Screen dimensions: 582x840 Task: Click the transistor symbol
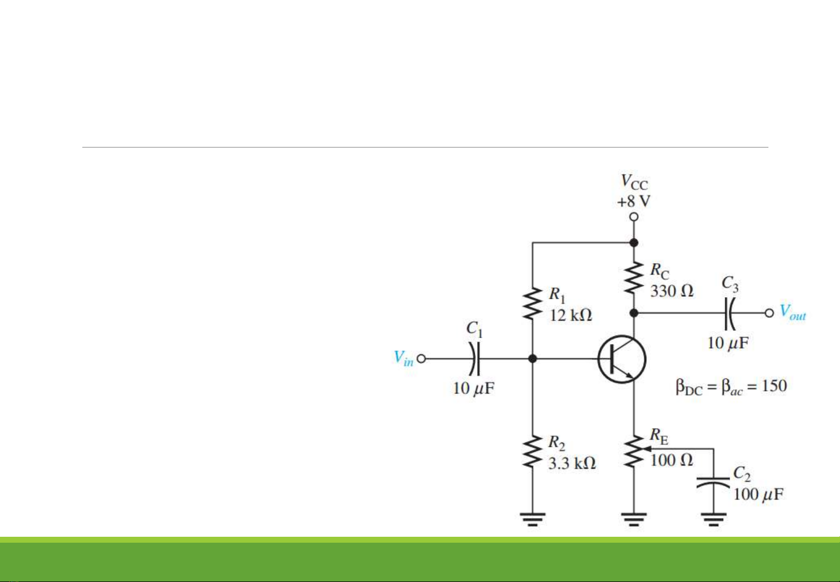622,359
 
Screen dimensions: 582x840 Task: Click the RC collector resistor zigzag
634,278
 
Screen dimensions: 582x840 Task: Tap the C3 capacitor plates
729,313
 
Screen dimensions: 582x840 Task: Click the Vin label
404,358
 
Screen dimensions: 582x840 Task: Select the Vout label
793,312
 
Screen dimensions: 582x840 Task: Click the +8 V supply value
633,201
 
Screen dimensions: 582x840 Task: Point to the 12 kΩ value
570,315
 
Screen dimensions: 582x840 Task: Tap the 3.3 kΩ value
571,463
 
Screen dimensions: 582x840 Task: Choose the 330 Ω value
672,291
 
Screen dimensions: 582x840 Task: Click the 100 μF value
758,494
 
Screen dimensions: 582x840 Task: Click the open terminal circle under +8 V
634,216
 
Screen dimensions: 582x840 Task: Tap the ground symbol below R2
532,519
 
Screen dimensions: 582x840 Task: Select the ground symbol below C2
713,519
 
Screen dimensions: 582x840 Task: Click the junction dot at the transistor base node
532,359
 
